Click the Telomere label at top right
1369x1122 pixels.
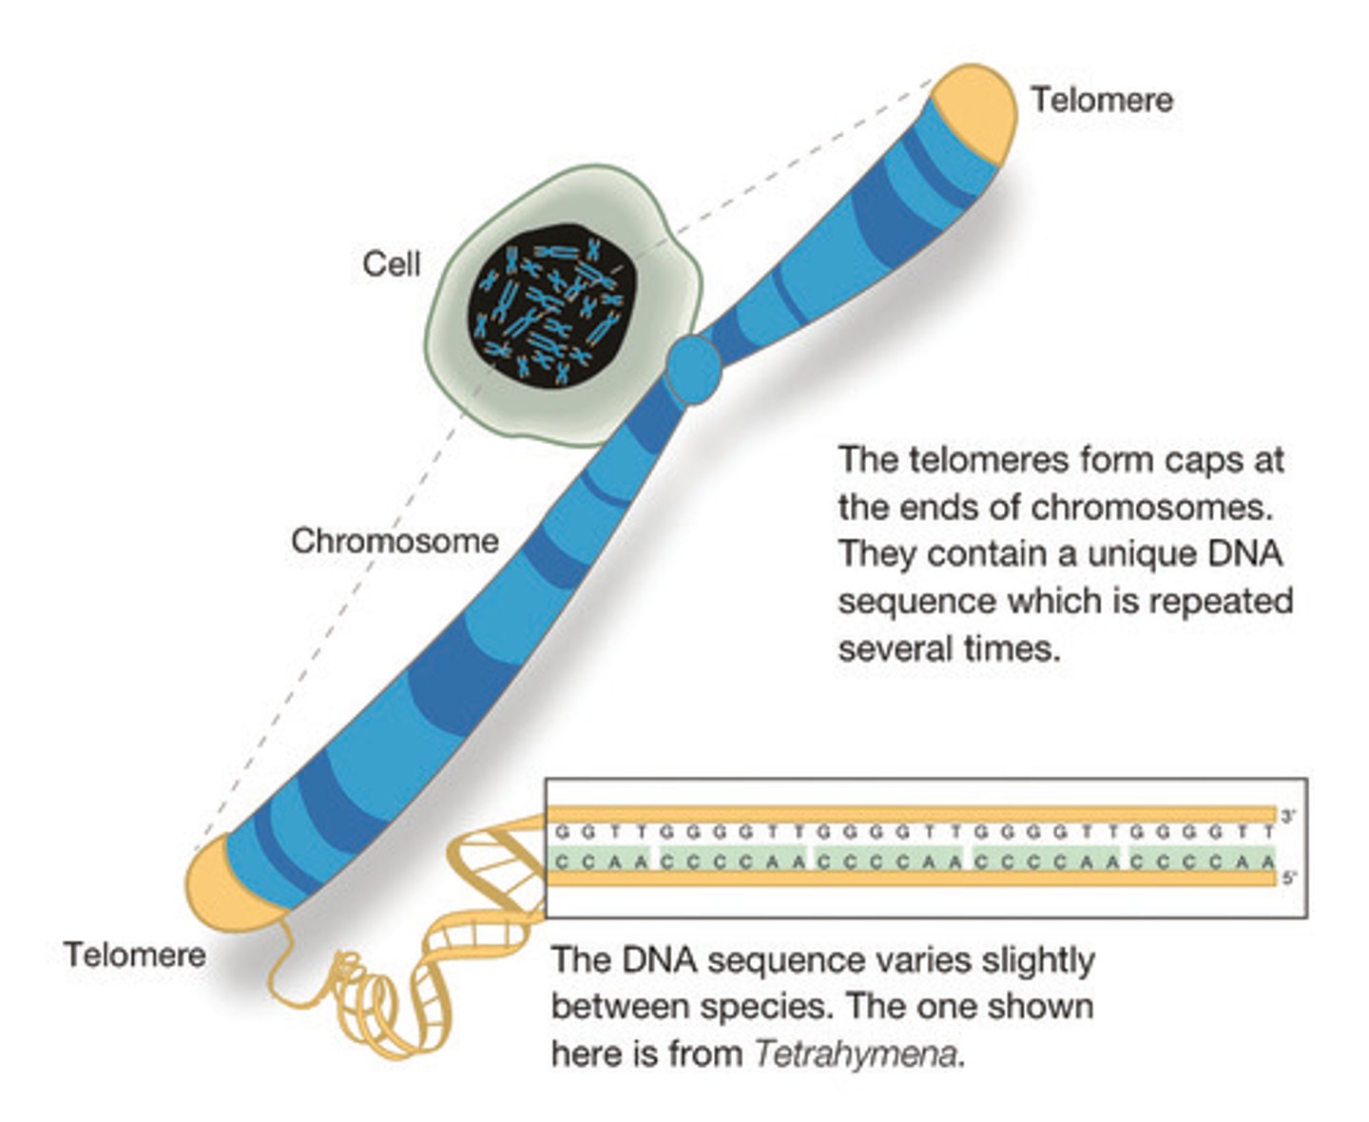[x=1102, y=100]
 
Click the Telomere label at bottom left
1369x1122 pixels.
[x=134, y=954]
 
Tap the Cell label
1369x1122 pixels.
[x=391, y=263]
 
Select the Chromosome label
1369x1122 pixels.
[x=395, y=540]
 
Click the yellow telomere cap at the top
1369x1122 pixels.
[x=974, y=109]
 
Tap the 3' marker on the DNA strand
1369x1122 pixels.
[x=1288, y=816]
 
